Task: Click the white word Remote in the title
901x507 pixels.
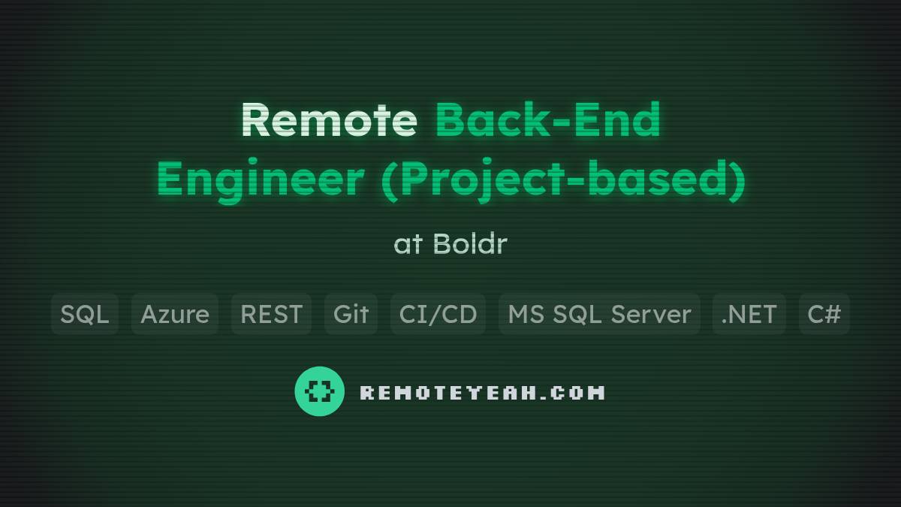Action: tap(329, 120)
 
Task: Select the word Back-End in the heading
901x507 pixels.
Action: tap(547, 120)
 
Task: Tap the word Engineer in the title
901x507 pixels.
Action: tap(260, 180)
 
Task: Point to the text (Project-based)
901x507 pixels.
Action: tap(563, 181)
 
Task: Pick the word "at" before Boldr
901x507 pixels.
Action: tap(408, 243)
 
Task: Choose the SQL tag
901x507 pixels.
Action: tap(85, 314)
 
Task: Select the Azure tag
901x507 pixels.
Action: tap(175, 314)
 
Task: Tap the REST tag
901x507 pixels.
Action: tap(271, 314)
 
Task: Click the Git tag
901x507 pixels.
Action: tap(351, 314)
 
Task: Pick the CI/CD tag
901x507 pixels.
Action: tap(438, 314)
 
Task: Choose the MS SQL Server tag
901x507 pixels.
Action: tap(599, 314)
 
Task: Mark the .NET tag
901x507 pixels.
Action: tap(749, 314)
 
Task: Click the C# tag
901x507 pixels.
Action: tap(824, 314)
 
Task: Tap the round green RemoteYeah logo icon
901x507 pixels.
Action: tap(319, 391)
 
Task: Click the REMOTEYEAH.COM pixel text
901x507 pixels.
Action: tap(482, 392)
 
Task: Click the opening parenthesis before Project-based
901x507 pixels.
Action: tap(389, 181)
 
